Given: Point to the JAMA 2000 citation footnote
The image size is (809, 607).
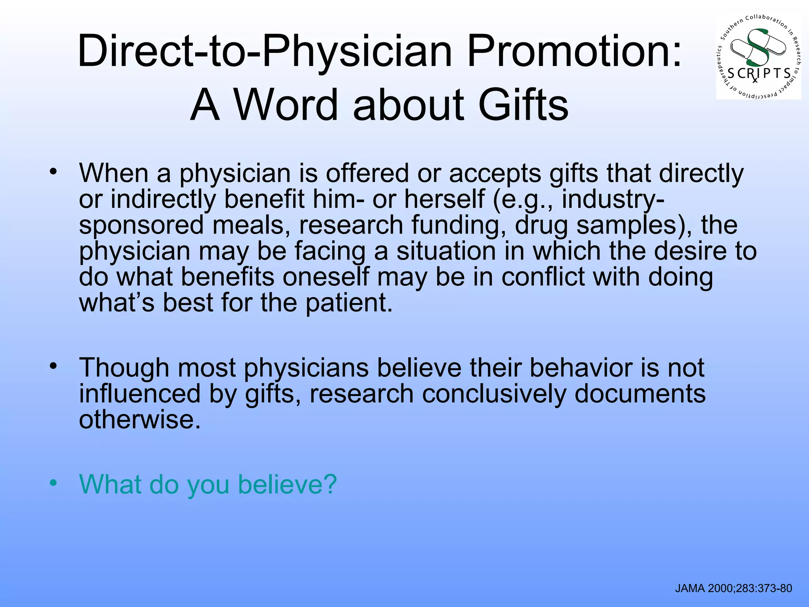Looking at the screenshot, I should [x=734, y=588].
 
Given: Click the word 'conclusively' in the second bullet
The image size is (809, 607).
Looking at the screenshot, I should [x=494, y=394].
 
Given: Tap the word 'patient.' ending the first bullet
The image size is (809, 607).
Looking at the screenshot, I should [x=349, y=303].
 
